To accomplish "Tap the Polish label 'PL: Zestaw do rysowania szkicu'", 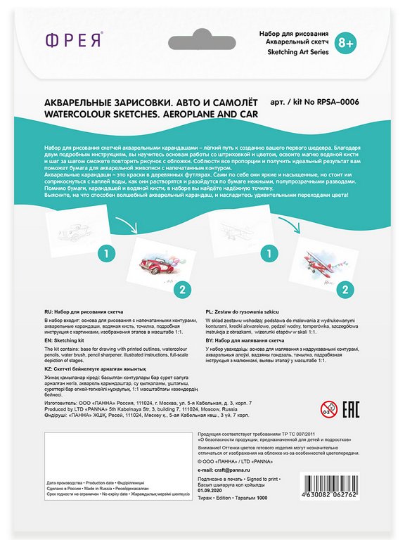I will (253, 309).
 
